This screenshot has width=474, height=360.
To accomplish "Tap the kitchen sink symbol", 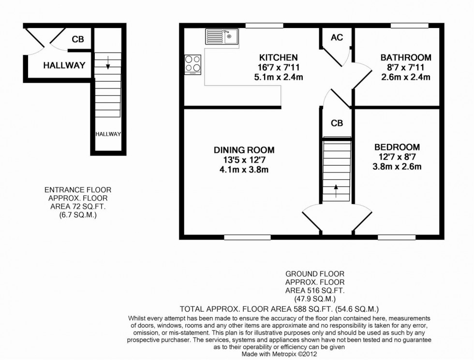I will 221,36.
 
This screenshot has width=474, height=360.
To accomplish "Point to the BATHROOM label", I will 405,58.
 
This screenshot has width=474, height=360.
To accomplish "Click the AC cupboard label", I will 337,37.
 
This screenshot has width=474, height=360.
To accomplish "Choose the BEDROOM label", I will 397,147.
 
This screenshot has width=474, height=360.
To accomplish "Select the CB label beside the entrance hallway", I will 77,40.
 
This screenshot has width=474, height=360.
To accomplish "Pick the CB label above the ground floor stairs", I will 337,123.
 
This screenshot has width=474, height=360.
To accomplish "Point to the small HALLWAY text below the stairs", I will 107,134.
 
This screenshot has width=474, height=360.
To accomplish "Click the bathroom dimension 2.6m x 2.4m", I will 405,77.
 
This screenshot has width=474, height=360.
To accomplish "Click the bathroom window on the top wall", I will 409,25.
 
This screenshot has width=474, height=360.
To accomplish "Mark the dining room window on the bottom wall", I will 247,237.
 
